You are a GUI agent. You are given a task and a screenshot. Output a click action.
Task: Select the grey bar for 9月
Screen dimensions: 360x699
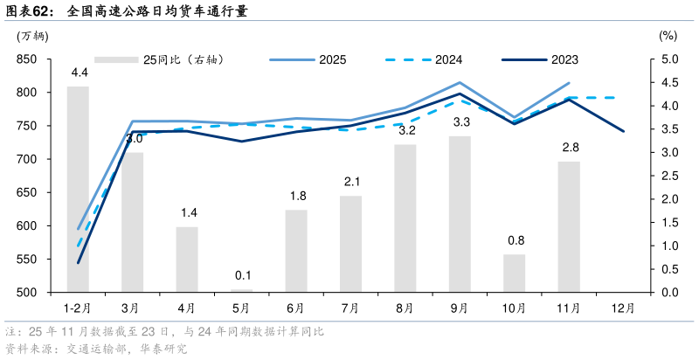(x=460, y=214)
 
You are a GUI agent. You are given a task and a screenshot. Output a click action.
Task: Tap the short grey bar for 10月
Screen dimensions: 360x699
(x=515, y=273)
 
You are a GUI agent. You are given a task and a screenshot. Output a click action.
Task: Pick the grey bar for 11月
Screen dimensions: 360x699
(x=569, y=226)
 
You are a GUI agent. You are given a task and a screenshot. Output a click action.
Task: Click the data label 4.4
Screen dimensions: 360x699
(x=79, y=72)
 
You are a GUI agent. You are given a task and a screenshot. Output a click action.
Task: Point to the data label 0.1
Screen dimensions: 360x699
(x=242, y=276)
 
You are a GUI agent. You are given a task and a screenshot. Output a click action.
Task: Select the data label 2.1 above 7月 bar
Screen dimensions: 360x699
(x=351, y=182)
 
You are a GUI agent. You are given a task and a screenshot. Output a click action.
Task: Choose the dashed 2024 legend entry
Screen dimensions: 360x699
(x=424, y=59)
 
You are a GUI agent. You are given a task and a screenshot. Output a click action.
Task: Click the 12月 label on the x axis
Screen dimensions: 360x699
(x=623, y=308)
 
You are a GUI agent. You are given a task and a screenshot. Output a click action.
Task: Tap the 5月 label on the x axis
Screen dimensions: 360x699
(x=242, y=308)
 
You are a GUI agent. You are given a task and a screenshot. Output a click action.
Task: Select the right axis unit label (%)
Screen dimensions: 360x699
(x=667, y=36)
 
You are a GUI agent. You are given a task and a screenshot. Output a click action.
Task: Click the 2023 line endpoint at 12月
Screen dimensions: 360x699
(x=623, y=131)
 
